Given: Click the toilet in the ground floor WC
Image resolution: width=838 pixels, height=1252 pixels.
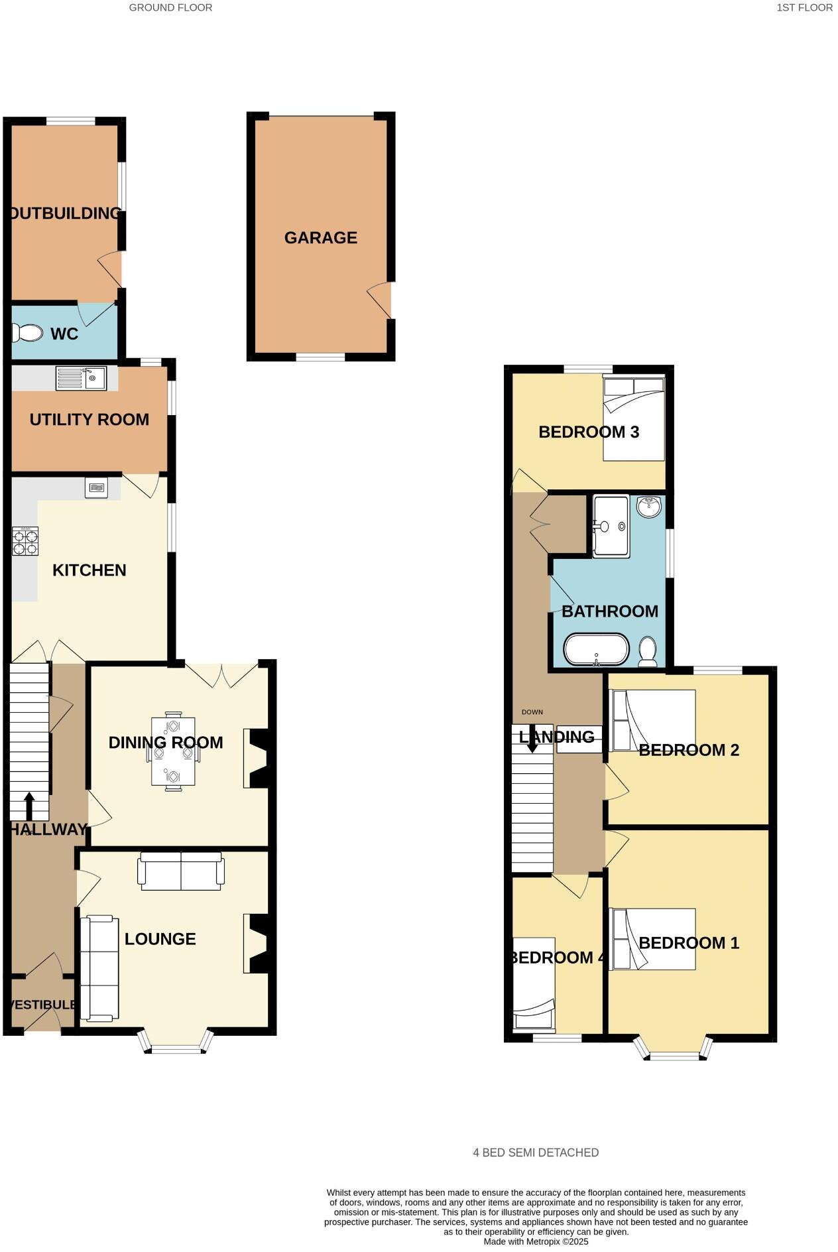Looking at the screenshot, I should pos(27,332).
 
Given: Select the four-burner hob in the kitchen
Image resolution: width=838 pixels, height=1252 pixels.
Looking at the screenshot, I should pos(25,540).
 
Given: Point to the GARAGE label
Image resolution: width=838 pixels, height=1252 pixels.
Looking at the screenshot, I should pos(321,237).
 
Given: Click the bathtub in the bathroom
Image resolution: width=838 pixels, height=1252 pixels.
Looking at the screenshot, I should pos(596,650).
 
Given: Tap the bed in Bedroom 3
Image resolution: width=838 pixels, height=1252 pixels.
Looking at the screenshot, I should pos(633,418).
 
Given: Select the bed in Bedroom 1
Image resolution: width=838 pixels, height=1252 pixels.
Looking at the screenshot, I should pos(652,938).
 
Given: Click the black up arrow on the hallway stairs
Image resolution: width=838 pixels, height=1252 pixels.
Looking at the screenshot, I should pos(29,804).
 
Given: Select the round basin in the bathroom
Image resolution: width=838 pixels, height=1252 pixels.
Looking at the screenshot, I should pos(649,507).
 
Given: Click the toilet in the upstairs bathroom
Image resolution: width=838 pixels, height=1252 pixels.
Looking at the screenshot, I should pos(648,651).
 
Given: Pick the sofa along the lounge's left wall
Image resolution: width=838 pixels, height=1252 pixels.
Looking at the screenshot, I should pos(99,968).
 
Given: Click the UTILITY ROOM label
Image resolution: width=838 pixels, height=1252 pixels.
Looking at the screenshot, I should pos(90,419).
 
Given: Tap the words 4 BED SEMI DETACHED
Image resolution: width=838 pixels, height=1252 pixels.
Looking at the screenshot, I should pos(536,1153).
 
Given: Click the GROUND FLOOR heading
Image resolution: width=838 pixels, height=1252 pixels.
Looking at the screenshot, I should pos(170,8).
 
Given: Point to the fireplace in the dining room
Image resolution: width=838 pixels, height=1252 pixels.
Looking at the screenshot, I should pos(257,758).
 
